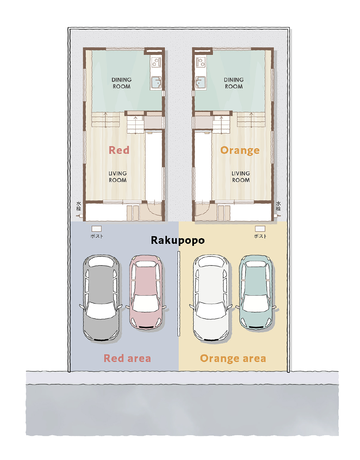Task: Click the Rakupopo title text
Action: click(178, 241)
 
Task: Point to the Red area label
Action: click(127, 358)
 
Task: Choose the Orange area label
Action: click(233, 359)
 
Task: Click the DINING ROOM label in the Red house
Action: click(122, 83)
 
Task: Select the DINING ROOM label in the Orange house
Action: click(234, 83)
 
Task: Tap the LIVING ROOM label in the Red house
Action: click(118, 177)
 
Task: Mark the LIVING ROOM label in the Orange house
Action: click(241, 177)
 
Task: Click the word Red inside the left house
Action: click(119, 150)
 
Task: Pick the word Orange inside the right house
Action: click(240, 151)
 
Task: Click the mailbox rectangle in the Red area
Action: click(96, 229)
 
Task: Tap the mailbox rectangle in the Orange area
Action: click(260, 229)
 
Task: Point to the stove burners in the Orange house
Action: click(201, 62)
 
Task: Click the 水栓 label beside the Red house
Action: click(79, 206)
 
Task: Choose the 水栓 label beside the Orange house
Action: click(278, 206)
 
